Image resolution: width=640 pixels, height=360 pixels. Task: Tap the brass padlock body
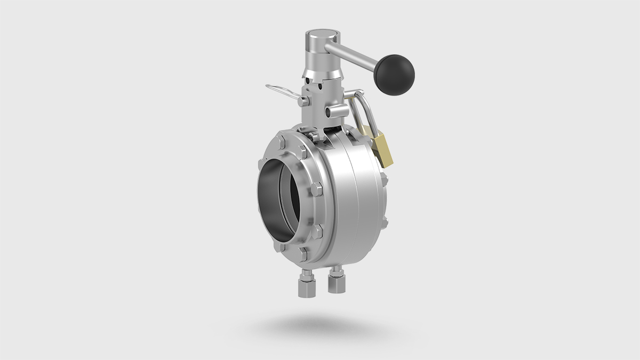click(383, 150)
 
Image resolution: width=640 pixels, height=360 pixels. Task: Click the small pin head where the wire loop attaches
click(305, 100)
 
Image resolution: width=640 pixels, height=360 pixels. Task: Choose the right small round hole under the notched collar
click(332, 82)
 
